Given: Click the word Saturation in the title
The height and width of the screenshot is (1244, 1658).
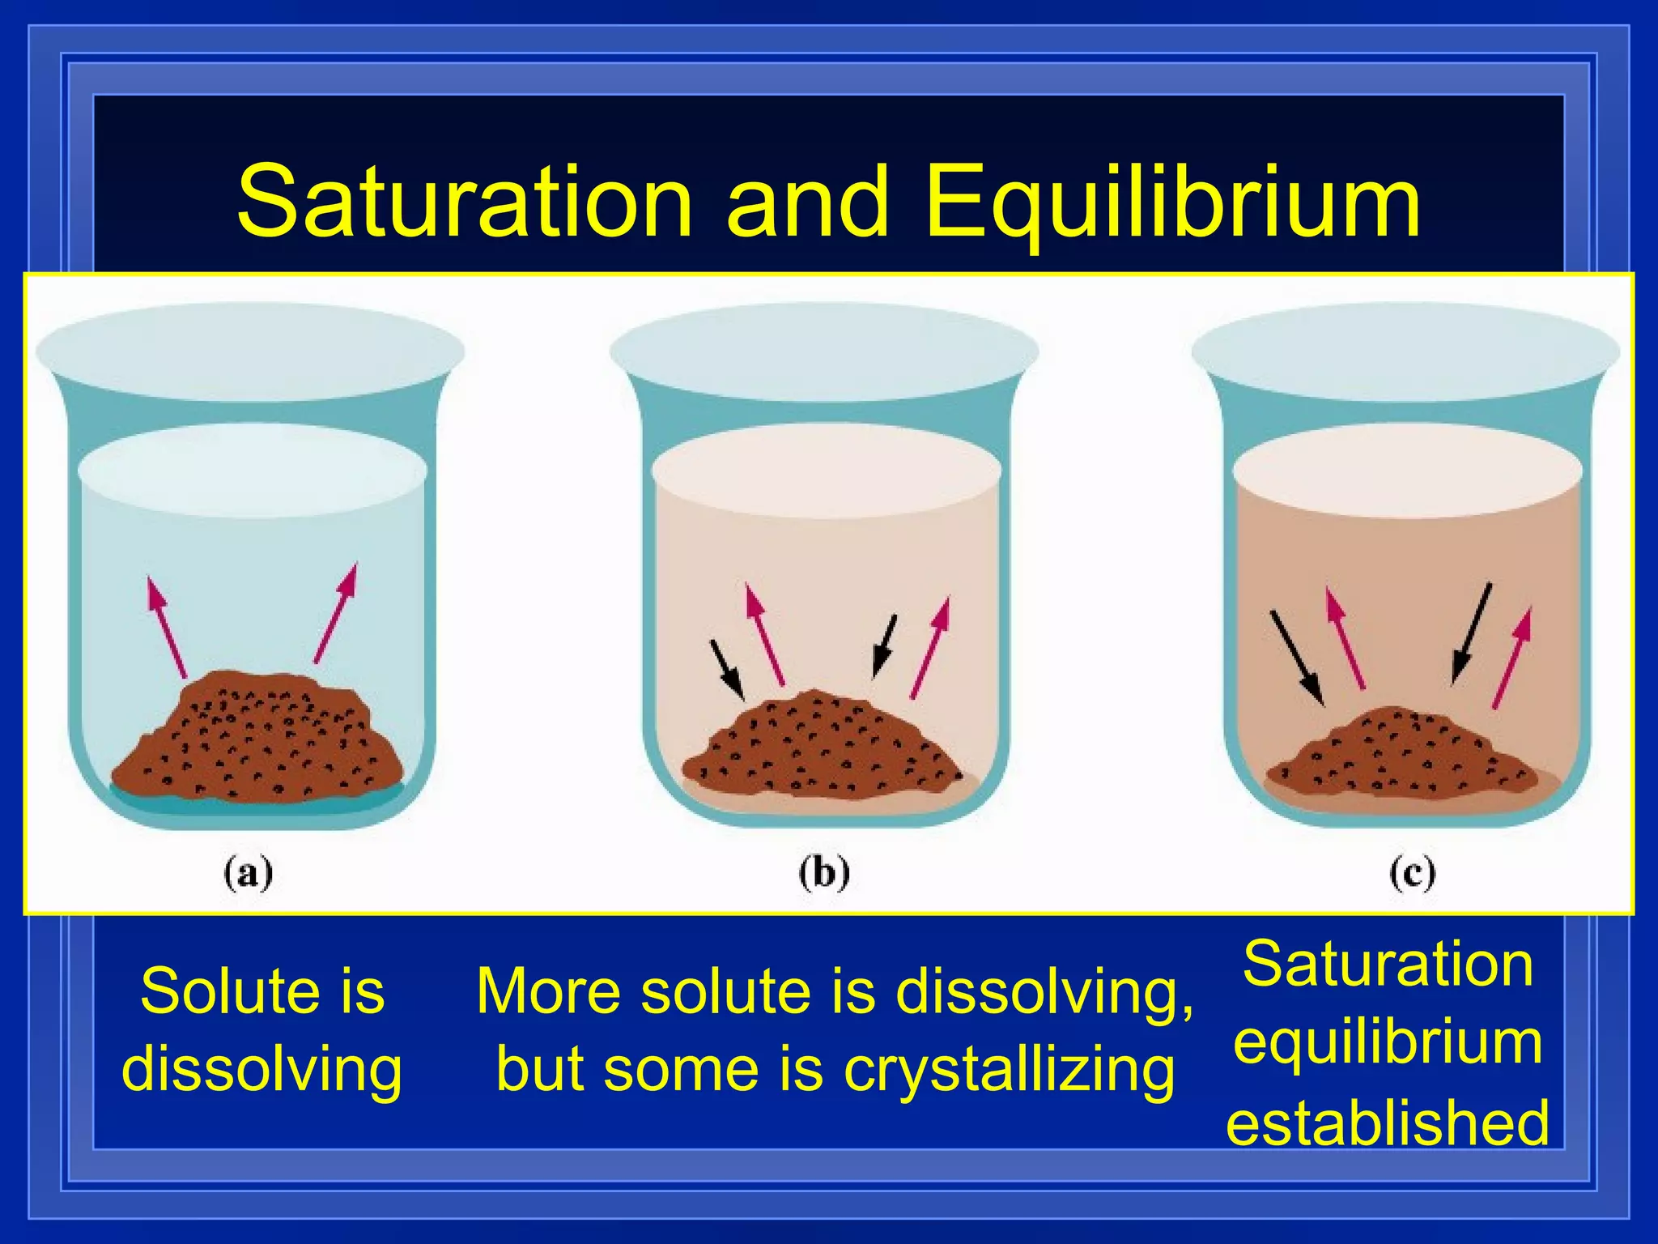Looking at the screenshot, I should (465, 202).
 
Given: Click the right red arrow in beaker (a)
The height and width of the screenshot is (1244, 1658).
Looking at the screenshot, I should (336, 613).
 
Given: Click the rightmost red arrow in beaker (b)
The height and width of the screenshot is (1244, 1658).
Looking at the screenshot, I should (930, 648).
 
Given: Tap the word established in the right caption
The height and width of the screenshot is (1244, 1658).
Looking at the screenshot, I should (1388, 1123).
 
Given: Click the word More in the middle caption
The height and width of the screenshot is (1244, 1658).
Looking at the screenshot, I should (550, 991).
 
